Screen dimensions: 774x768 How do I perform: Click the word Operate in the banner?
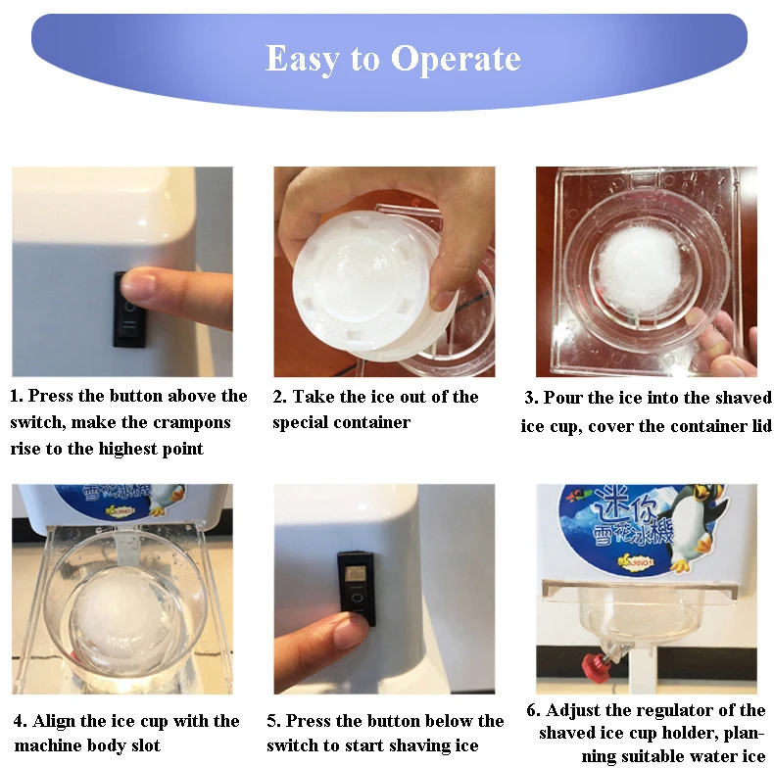click(x=456, y=59)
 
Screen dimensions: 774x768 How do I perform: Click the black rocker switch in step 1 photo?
click(x=128, y=311)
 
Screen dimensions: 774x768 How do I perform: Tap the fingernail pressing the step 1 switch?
click(x=137, y=284)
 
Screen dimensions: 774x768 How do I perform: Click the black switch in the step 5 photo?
click(x=357, y=589)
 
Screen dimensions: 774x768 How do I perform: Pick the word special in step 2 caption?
click(x=300, y=423)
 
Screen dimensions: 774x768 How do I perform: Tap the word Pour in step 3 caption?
click(x=560, y=398)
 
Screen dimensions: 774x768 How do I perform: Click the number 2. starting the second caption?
click(x=280, y=397)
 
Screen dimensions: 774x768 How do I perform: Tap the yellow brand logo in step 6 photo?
click(x=635, y=561)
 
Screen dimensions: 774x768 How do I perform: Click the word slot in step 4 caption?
click(x=146, y=745)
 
